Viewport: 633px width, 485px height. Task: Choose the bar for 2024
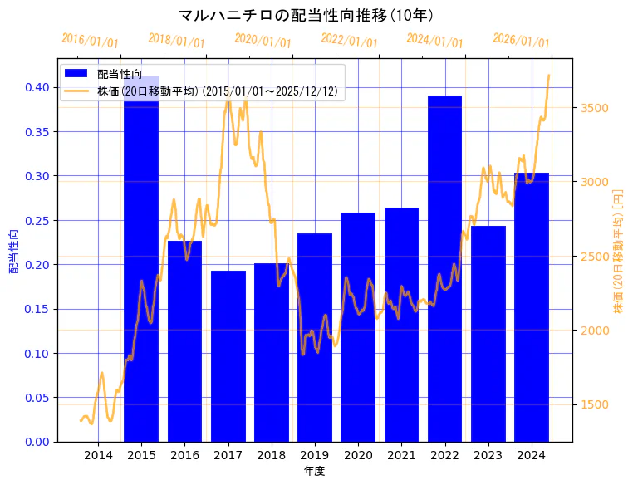click(531, 306)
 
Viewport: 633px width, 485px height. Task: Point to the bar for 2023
click(488, 333)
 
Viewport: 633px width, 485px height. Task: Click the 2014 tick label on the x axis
click(98, 454)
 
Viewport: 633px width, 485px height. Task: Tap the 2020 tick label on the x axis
click(358, 454)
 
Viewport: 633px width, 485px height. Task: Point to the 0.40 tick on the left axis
click(37, 87)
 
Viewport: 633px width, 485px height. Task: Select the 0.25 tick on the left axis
click(37, 220)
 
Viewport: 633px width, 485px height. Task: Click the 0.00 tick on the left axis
click(37, 442)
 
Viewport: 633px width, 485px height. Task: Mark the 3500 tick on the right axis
click(595, 108)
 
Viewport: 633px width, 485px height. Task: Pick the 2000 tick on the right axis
click(595, 331)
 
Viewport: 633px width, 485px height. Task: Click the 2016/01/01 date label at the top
click(90, 41)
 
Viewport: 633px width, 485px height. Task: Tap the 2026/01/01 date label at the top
click(521, 41)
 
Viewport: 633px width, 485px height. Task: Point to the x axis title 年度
click(314, 471)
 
